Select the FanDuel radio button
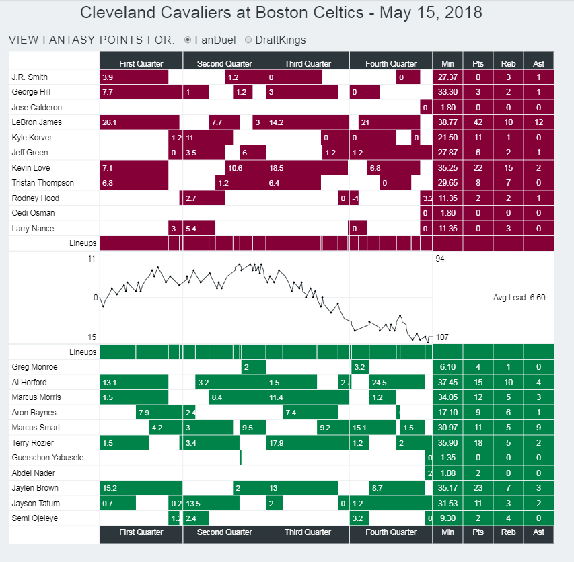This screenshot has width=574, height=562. [x=188, y=40]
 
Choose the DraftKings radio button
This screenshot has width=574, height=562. [x=248, y=40]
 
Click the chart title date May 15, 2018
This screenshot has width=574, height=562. [x=430, y=13]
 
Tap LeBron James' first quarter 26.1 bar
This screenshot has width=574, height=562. [x=139, y=122]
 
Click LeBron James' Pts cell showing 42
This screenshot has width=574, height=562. [x=478, y=122]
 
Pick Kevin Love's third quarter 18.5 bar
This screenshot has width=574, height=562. [x=307, y=168]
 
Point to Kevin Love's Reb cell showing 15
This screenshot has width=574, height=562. [x=508, y=168]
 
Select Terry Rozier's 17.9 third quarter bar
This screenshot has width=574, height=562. [x=307, y=443]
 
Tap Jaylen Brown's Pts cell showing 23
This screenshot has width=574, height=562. [x=478, y=489]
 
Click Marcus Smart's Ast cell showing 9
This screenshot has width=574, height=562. [x=538, y=428]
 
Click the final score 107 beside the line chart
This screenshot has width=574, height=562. [x=443, y=337]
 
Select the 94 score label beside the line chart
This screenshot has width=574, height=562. [x=440, y=258]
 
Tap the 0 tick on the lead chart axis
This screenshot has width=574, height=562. [x=95, y=297]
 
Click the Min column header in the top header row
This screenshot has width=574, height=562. [x=447, y=63]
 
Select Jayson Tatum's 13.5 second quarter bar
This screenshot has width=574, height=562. [x=211, y=504]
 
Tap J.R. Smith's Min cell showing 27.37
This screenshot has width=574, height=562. [x=447, y=77]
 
